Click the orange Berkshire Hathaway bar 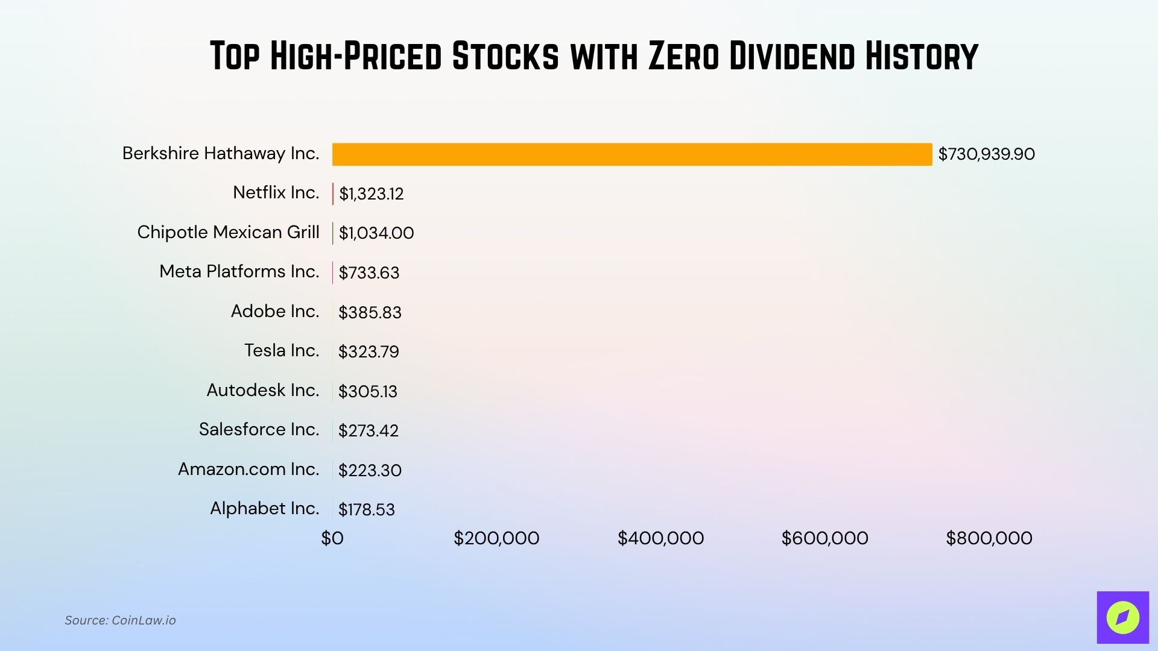tap(631, 154)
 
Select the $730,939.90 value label tap(986, 154)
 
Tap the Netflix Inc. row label tap(276, 193)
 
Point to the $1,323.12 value tap(371, 194)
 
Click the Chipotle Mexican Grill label tap(228, 232)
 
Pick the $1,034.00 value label tap(376, 233)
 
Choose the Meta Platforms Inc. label tap(239, 272)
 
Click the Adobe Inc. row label tap(274, 311)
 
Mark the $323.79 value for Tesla tap(369, 352)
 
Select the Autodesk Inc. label tap(262, 390)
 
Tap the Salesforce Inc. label tap(259, 430)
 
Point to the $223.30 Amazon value tap(370, 471)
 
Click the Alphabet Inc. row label tap(264, 509)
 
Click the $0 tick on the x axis tap(332, 538)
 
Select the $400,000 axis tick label tap(660, 538)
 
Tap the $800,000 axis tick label tap(989, 538)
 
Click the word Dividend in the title tap(792, 56)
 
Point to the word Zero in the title tap(684, 56)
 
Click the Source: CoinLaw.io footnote tap(120, 620)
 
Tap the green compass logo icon tap(1122, 617)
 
